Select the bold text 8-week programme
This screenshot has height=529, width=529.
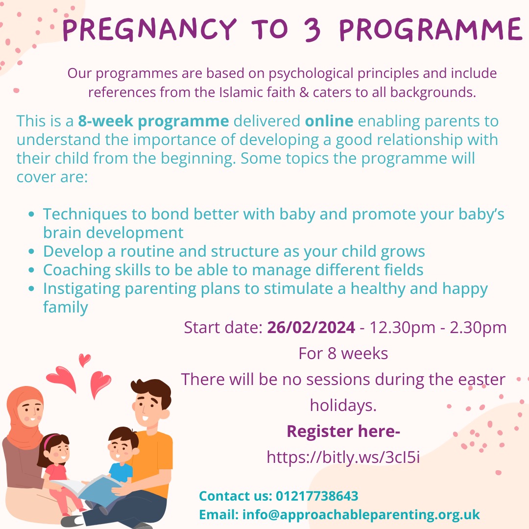153,121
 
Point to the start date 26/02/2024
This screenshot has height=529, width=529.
311,327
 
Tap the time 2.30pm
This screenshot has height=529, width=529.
475,327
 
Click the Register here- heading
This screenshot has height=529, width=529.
343,432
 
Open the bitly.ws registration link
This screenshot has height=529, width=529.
343,457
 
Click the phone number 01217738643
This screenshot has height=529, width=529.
317,496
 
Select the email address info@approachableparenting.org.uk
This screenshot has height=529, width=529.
359,515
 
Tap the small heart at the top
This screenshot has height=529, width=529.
84,360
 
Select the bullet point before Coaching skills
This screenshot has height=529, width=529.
32,270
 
